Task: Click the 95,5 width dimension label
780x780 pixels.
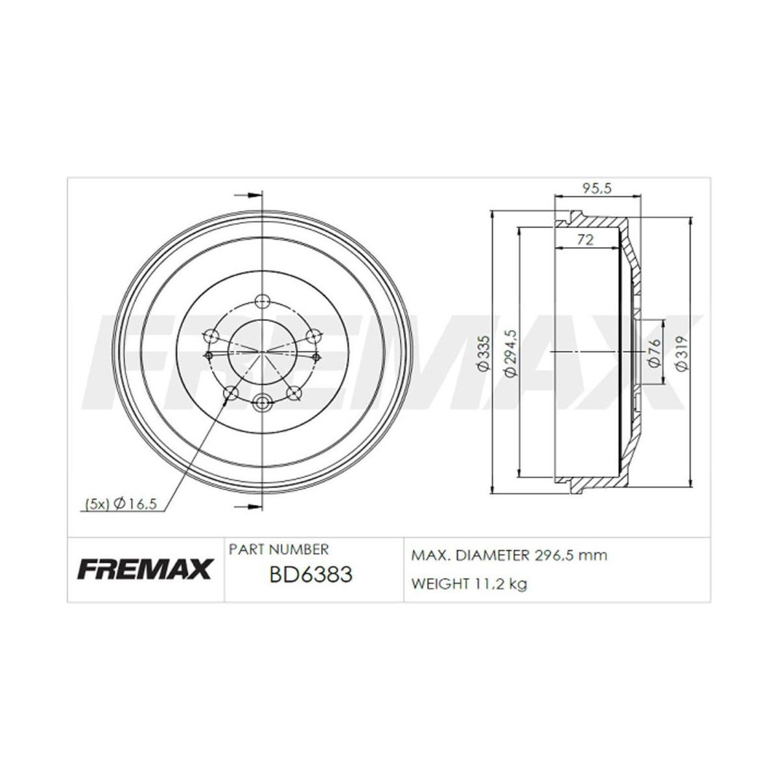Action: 598,188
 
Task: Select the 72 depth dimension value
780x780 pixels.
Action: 586,240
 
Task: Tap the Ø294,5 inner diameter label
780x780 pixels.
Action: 510,352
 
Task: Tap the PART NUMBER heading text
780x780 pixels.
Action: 279,549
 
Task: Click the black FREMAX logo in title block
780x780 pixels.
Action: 145,569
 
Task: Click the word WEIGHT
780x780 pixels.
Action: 440,584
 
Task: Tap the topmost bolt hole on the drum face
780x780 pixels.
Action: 262,301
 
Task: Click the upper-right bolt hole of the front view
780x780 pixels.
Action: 313,336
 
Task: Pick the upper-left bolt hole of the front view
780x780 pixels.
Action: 211,336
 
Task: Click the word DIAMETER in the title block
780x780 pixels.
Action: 493,556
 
